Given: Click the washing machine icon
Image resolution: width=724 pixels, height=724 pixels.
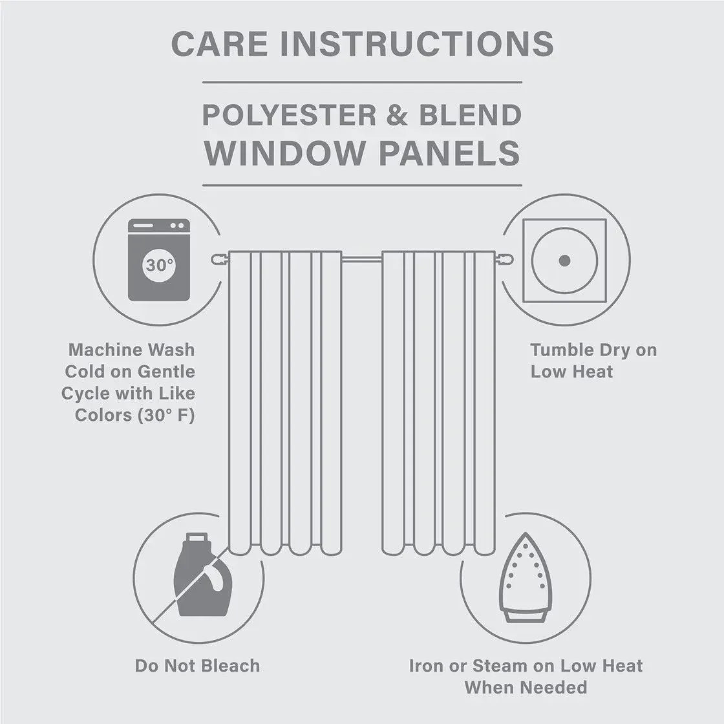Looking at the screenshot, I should click(x=159, y=260).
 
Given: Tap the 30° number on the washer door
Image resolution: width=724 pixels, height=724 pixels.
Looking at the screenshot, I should click(x=159, y=265).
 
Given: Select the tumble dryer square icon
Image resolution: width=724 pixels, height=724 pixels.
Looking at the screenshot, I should click(x=564, y=261).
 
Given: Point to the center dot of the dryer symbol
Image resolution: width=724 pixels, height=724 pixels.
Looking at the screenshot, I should click(x=564, y=261).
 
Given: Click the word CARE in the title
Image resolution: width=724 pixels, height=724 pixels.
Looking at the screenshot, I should click(x=219, y=43).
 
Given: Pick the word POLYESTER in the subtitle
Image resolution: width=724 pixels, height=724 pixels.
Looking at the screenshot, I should click(x=289, y=116).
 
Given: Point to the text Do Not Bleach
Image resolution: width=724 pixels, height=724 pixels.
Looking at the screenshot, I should click(x=197, y=666).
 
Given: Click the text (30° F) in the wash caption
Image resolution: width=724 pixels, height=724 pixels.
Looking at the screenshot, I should click(x=166, y=415).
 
